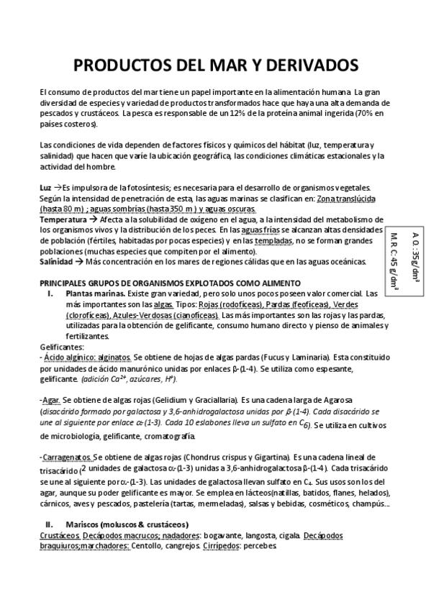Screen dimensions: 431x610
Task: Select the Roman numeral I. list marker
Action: coord(50,293)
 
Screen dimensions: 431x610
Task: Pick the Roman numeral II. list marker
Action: coord(50,524)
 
